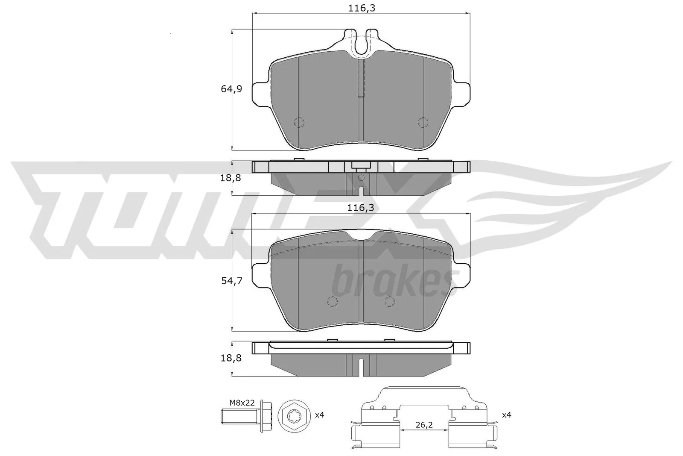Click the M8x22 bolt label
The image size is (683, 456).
tap(242, 402)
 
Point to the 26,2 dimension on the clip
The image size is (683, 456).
tap(424, 425)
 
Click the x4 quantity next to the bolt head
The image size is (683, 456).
tap(319, 415)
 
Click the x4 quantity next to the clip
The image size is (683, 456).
tap(507, 415)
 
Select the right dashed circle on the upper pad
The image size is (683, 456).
tap(423, 122)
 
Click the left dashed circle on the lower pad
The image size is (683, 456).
tap(332, 301)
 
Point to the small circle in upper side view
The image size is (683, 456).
tap(361, 177)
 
